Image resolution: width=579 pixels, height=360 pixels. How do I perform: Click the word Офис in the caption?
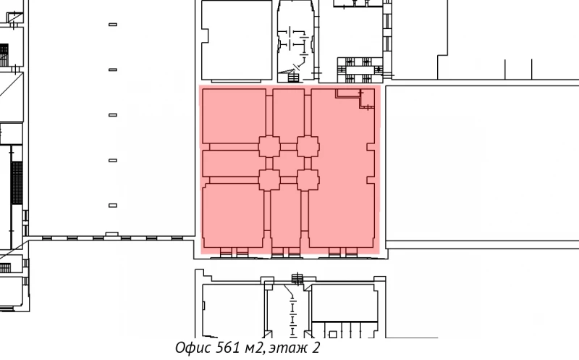193,348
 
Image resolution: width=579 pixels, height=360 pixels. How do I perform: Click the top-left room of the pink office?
234,116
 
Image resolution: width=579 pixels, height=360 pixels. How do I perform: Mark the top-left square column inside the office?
269,146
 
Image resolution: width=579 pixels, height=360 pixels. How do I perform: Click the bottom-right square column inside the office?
308,179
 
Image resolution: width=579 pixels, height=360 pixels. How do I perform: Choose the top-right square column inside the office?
308,146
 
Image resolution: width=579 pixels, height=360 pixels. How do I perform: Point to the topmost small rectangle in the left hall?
112,25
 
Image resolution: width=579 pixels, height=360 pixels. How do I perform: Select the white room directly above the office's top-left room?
235,40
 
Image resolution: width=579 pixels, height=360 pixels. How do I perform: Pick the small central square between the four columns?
289,162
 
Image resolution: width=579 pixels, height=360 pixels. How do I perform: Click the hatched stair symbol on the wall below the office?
297,277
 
